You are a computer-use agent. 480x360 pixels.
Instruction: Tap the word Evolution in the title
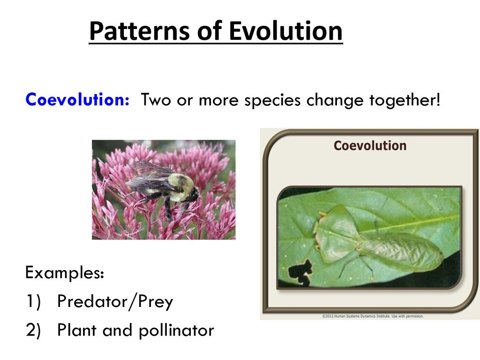click(285, 30)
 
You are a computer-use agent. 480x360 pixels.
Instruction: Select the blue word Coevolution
click(77, 99)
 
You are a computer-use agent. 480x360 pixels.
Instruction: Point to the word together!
click(405, 100)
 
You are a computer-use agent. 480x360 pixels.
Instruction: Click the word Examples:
click(65, 272)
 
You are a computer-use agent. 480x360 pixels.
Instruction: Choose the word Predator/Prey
click(115, 301)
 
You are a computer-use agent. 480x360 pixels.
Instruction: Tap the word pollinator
click(176, 330)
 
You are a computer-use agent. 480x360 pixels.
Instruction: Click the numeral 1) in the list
click(33, 301)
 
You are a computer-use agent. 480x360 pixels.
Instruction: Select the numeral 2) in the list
click(33, 330)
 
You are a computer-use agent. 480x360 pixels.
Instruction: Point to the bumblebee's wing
click(150, 174)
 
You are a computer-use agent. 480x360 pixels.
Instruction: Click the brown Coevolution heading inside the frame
click(370, 146)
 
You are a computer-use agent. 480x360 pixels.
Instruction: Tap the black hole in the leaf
click(300, 273)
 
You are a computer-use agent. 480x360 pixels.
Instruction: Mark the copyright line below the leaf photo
click(373, 316)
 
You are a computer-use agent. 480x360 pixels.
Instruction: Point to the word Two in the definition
click(156, 100)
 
